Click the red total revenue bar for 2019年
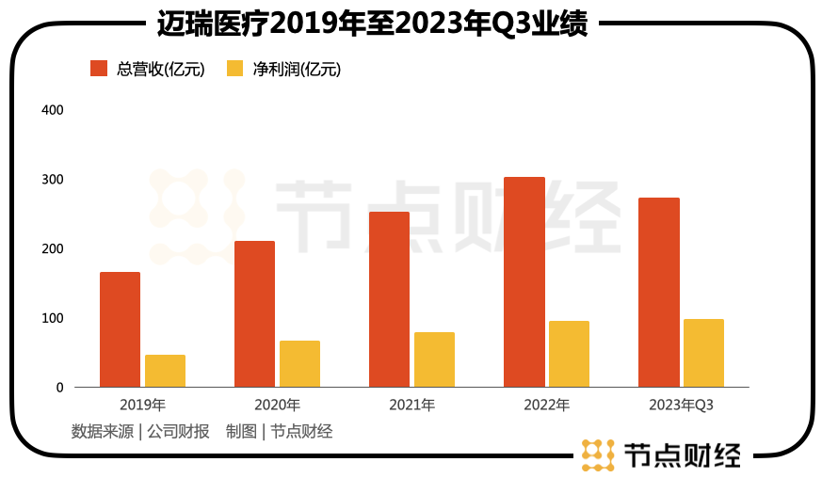(120, 329)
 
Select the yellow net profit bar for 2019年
(165, 371)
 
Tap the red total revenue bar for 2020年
(254, 314)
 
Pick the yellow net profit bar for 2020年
(299, 364)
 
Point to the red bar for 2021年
(389, 299)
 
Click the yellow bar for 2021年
(434, 359)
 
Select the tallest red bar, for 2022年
(524, 282)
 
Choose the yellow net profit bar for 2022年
(569, 354)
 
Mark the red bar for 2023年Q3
(658, 293)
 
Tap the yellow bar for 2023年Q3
(703, 353)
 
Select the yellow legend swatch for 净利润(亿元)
(235, 69)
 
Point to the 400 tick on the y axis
(53, 110)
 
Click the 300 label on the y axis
(53, 180)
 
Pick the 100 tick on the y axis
(53, 318)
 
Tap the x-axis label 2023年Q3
(681, 406)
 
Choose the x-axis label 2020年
(277, 406)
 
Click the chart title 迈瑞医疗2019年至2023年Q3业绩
(372, 23)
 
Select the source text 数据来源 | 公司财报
(140, 432)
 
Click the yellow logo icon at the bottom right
(598, 454)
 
